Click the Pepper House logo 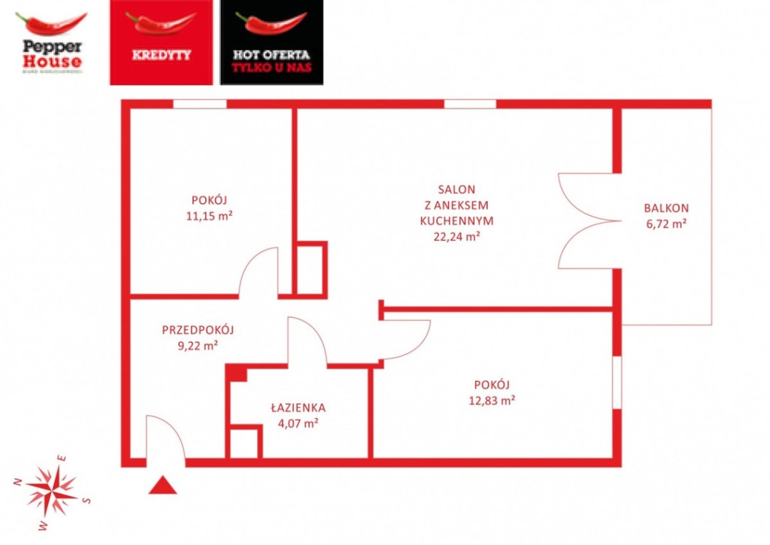pos(51,43)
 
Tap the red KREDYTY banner pos(161,42)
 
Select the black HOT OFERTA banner pos(271,42)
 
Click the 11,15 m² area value pos(210,216)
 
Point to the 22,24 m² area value pos(456,237)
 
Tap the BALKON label pos(665,208)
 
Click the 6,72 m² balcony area pos(665,223)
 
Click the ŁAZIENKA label pos(298,407)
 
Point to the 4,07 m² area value pos(298,423)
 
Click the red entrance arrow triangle pos(162,486)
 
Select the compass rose pos(51,490)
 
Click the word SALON pos(456,189)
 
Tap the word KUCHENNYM pos(456,221)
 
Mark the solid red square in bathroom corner pos(238,374)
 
